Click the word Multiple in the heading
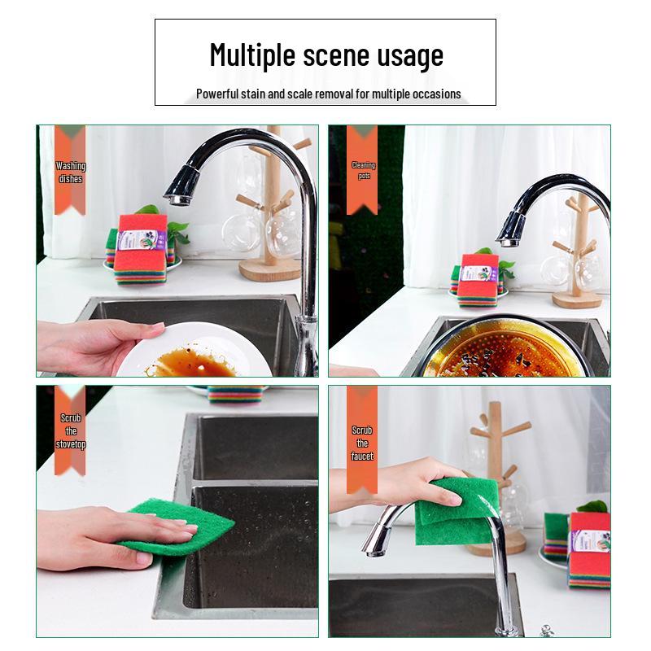coord(253,55)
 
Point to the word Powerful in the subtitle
coord(217,94)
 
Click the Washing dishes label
coord(71,173)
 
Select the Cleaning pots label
coord(364,170)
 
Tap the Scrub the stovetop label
coord(71,431)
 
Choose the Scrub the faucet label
coord(362,443)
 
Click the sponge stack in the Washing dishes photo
coord(140,249)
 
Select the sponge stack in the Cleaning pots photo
coord(478,280)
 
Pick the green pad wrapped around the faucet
coord(457,512)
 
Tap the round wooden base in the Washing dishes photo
coord(270,269)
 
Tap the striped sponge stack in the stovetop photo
coord(235,395)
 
